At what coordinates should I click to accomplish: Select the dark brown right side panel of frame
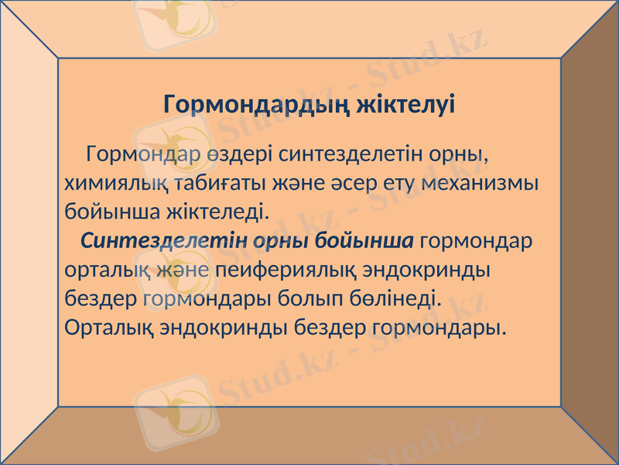(590, 232)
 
